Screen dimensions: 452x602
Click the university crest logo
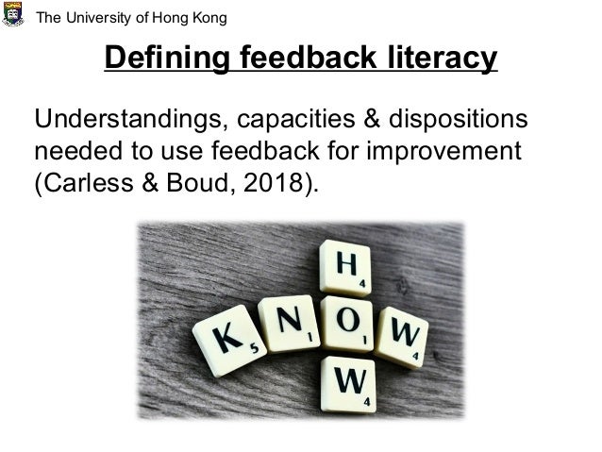click(13, 15)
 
